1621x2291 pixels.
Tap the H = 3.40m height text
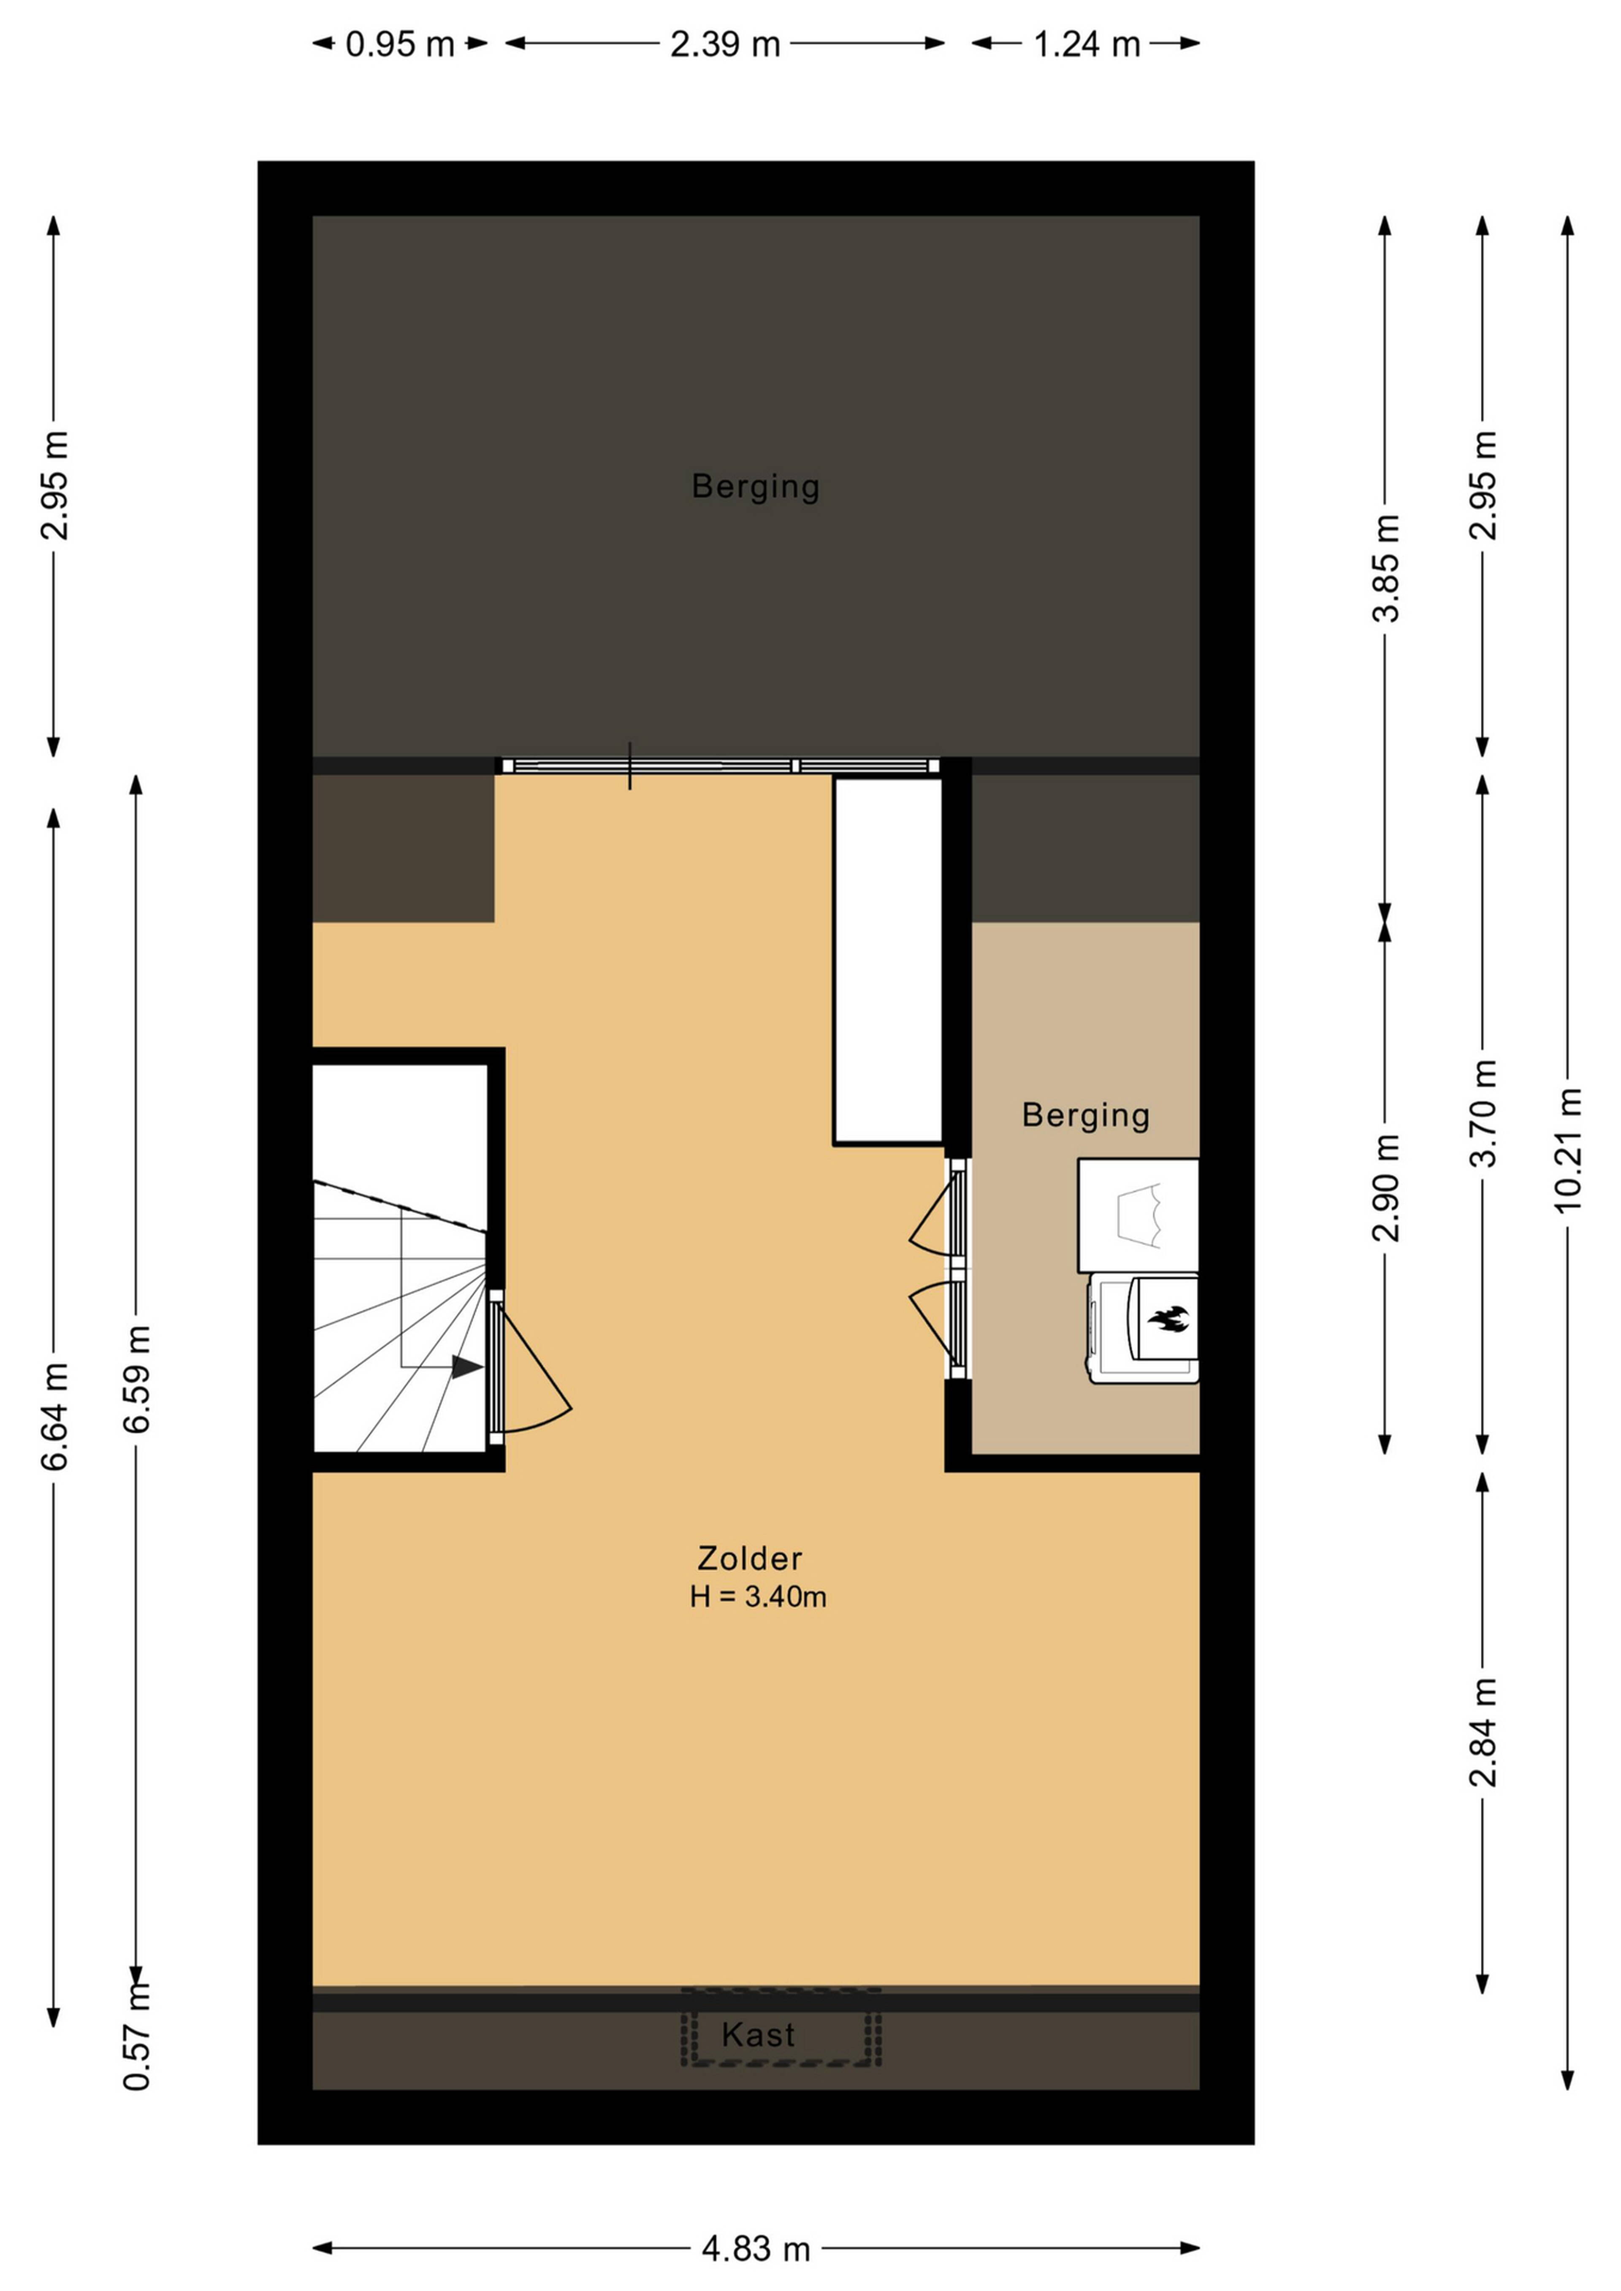click(758, 1598)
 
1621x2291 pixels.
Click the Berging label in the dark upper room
click(756, 487)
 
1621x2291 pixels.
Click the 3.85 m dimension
click(1385, 568)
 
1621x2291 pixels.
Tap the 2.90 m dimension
click(1385, 1187)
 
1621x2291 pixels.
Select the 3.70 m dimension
click(1483, 1112)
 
